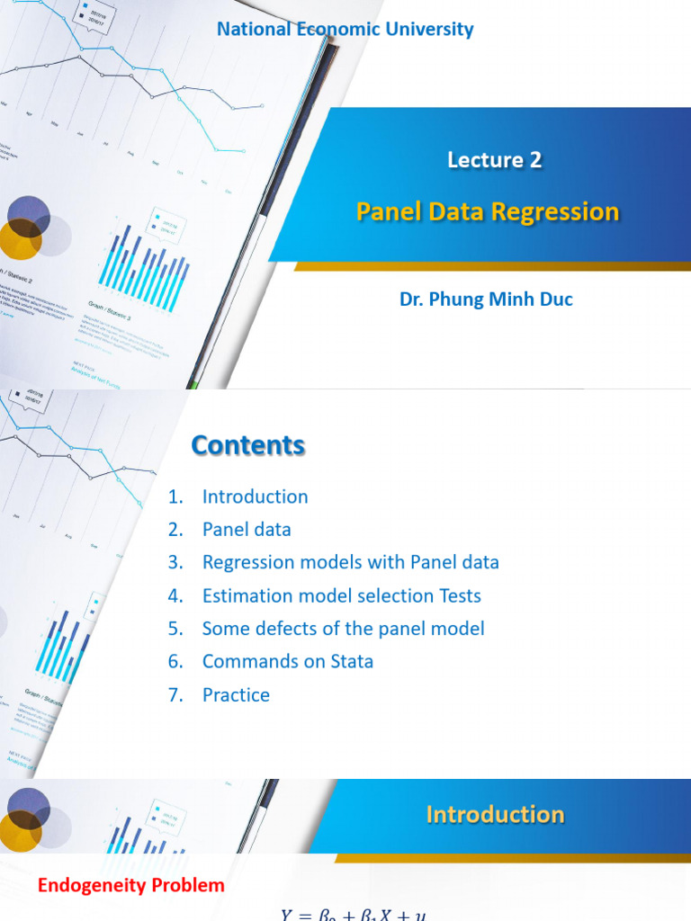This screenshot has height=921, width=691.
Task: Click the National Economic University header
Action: pyautogui.click(x=345, y=29)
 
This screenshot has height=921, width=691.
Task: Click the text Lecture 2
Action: pyautogui.click(x=495, y=160)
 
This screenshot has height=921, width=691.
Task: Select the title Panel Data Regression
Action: pyautogui.click(x=488, y=211)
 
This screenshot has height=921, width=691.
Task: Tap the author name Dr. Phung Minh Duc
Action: pyautogui.click(x=486, y=300)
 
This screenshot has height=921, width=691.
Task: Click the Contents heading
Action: pyautogui.click(x=247, y=445)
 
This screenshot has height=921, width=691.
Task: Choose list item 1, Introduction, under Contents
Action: pyautogui.click(x=255, y=496)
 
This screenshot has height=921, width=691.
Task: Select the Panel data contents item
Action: pyautogui.click(x=247, y=530)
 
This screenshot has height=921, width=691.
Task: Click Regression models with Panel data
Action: pyautogui.click(x=350, y=562)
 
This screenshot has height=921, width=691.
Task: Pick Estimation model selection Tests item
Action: pyautogui.click(x=341, y=595)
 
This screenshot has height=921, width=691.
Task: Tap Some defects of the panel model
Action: pyautogui.click(x=343, y=628)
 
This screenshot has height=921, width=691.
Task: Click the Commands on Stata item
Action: pyautogui.click(x=287, y=661)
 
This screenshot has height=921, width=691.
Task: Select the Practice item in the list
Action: pyautogui.click(x=236, y=694)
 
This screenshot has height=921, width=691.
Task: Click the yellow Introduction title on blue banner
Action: pyautogui.click(x=495, y=815)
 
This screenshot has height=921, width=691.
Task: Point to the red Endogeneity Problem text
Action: pyautogui.click(x=131, y=886)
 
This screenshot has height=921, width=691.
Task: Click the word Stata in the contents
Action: pyautogui.click(x=349, y=661)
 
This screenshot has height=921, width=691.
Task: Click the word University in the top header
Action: pyautogui.click(x=428, y=29)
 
